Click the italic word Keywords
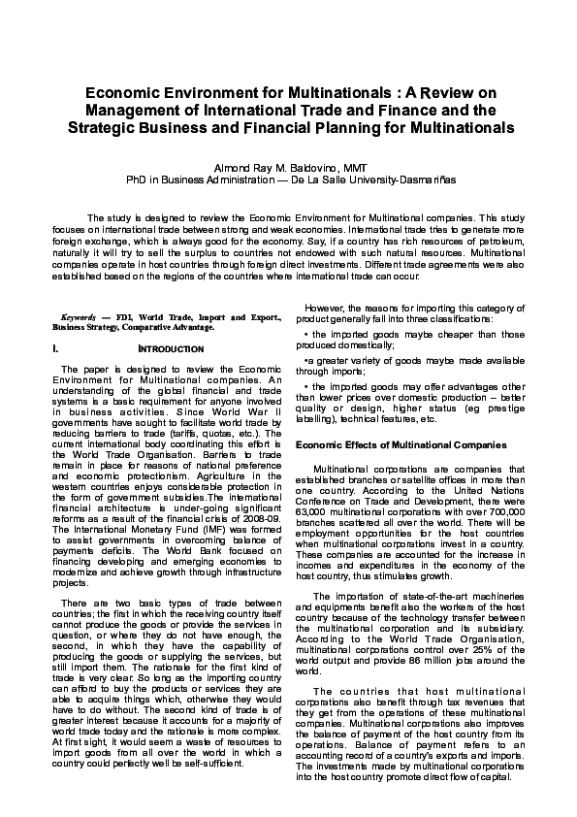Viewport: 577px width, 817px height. coord(78,317)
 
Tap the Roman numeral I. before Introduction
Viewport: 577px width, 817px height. coord(57,348)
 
